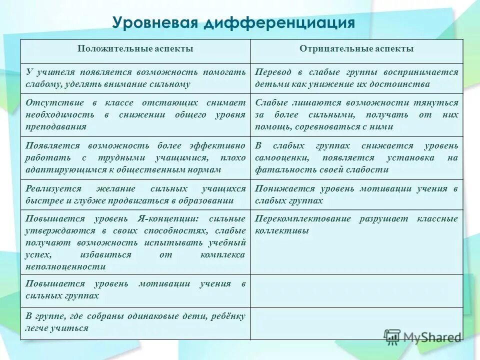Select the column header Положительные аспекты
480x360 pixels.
point(135,49)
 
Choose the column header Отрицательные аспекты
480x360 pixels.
point(356,49)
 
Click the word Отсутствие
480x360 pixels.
point(52,102)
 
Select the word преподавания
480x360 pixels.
point(56,127)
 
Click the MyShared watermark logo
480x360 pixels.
point(422,337)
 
